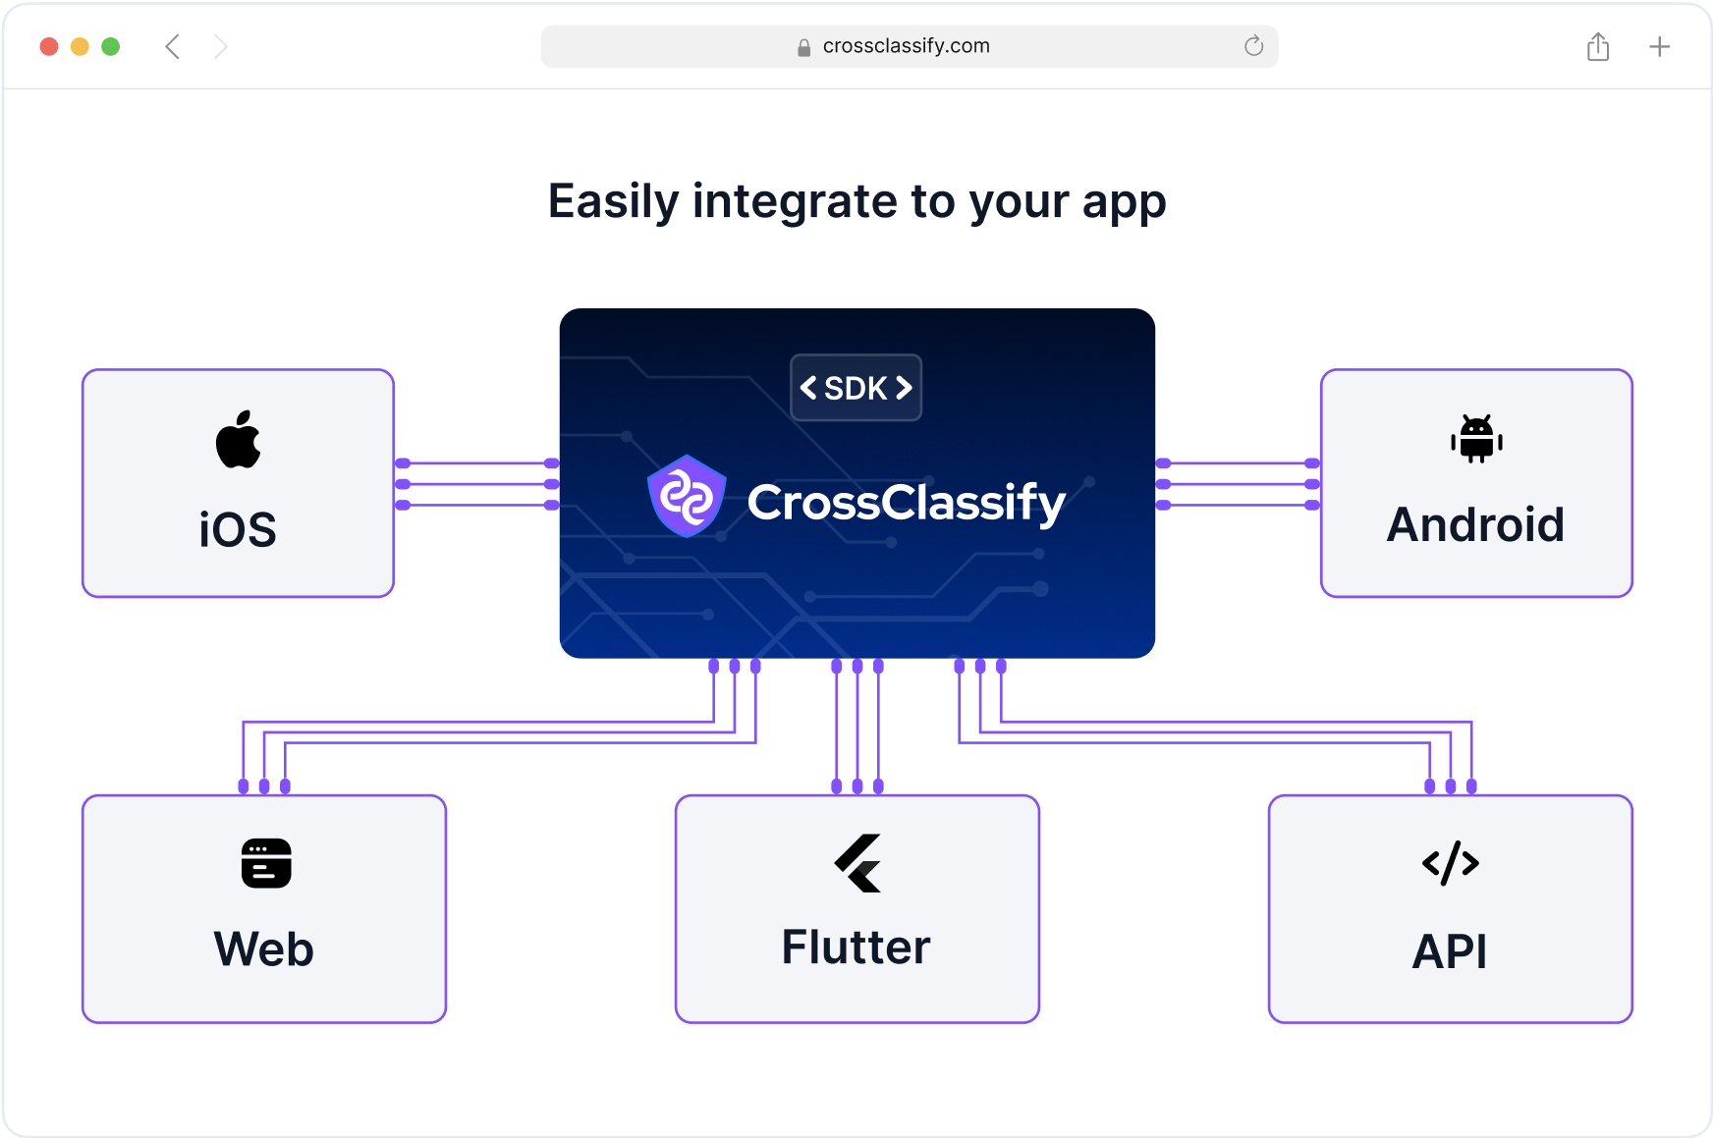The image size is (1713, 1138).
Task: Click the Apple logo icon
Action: [239, 440]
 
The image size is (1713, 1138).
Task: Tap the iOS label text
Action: [238, 530]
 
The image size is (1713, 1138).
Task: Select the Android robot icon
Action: [1476, 439]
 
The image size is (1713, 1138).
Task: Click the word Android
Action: [1475, 524]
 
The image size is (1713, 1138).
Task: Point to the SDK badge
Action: [856, 388]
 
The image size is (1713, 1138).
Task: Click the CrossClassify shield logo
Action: [687, 496]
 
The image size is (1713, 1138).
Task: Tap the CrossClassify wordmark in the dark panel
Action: [906, 503]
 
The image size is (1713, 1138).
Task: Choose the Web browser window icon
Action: [266, 863]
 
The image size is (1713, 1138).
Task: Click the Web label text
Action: [264, 949]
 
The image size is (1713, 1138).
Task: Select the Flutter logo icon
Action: [858, 863]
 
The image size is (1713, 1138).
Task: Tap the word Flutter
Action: [856, 948]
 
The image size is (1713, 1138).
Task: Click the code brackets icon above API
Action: [1451, 863]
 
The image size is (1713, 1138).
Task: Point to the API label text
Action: [1450, 951]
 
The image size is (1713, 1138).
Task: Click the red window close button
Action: [49, 46]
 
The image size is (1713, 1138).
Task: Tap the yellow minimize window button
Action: [81, 46]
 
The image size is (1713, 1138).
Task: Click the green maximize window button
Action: [111, 46]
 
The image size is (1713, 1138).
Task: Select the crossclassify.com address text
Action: [906, 46]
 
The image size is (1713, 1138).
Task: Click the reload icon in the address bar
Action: [1253, 46]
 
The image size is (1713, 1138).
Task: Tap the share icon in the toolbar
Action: [1598, 46]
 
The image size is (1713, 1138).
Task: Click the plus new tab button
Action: [1659, 46]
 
